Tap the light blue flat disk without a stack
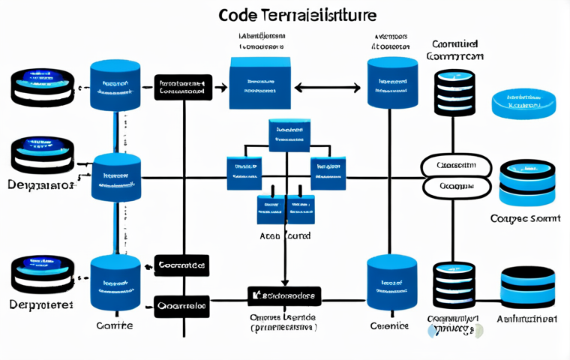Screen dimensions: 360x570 click(523, 104)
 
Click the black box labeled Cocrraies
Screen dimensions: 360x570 click(181, 265)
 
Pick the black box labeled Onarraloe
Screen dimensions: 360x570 click(181, 306)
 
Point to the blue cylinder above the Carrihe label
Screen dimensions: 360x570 click(115, 283)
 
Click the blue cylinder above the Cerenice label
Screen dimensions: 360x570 click(391, 283)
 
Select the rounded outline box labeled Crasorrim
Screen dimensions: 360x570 click(456, 165)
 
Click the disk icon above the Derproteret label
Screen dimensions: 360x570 click(42, 275)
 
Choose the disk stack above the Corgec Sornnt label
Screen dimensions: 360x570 click(526, 182)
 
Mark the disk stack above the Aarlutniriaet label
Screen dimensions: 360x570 click(526, 288)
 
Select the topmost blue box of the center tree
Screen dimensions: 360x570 click(289, 133)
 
